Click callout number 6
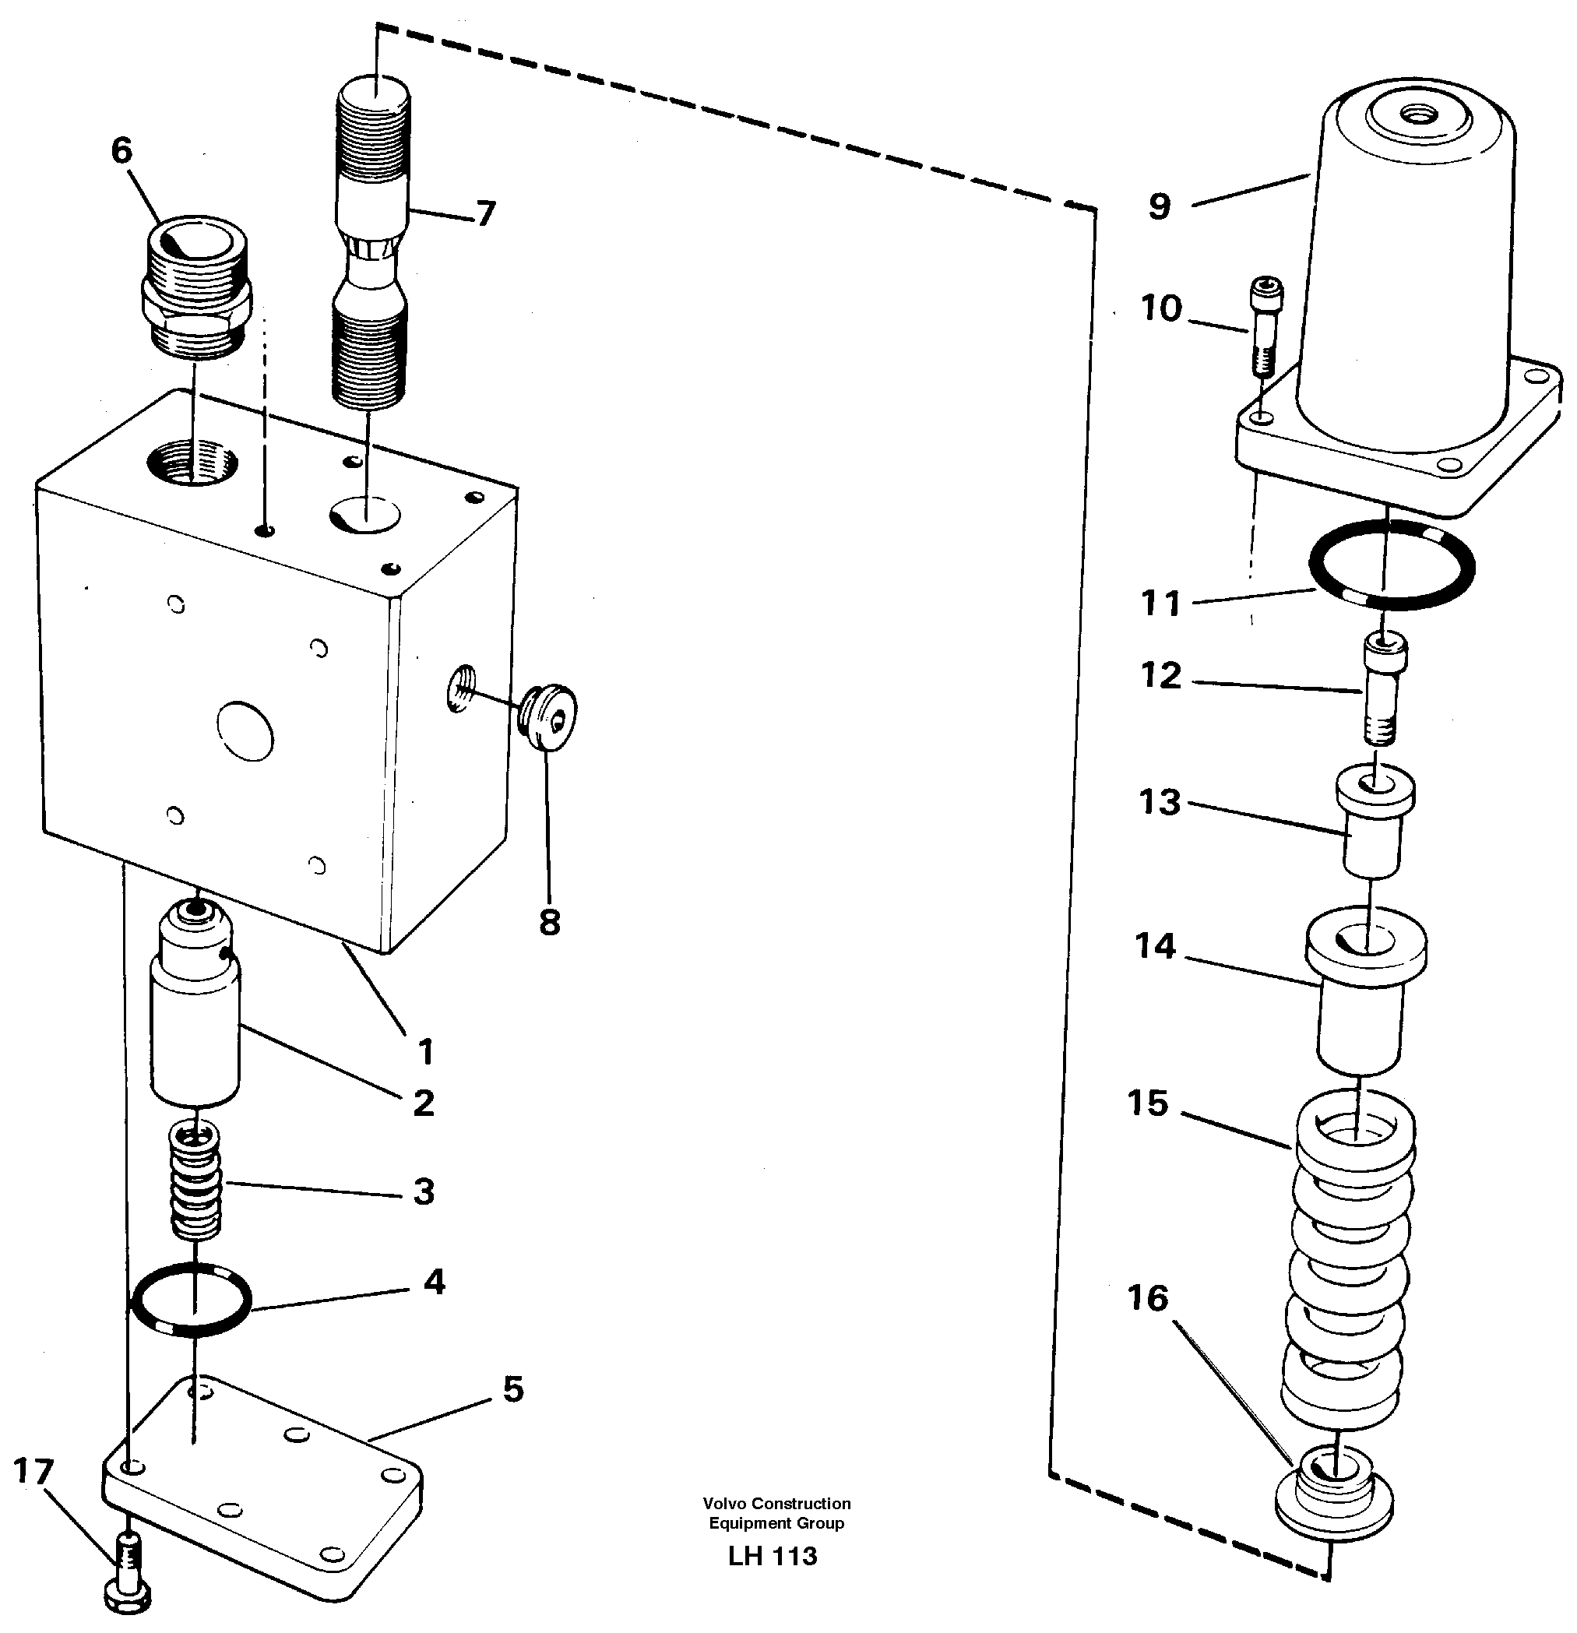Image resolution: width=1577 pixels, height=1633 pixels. point(121,151)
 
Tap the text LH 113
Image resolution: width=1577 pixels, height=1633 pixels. point(773,1555)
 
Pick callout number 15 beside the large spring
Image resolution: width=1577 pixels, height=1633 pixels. point(1148,1103)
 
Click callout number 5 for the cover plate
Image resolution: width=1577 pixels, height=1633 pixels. point(512,1389)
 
